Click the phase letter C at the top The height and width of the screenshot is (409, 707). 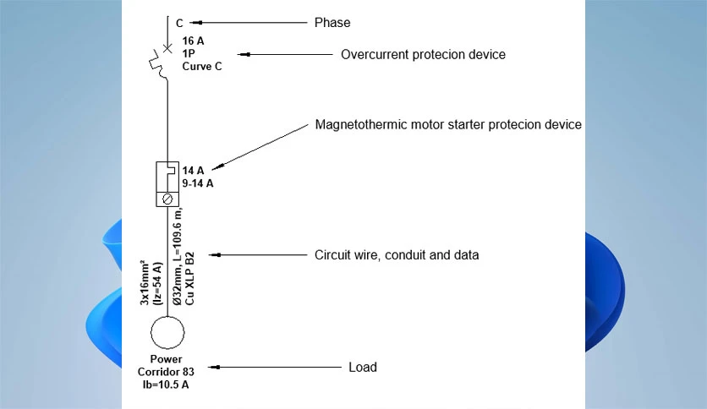pos(179,23)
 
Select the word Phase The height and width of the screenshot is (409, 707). pos(332,23)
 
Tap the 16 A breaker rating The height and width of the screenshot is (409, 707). pos(193,41)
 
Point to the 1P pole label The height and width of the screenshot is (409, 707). pos(189,53)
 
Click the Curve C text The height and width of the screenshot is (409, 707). pos(202,66)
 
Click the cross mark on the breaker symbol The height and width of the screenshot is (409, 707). pos(167,48)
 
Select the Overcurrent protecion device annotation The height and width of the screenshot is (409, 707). pos(423,54)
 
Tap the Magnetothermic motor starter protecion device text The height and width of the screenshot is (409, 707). pos(448,124)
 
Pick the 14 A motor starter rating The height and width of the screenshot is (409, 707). pos(193,171)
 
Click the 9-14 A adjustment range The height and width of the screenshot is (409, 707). pos(198,183)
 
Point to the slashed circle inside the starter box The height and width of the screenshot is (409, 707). pos(167,199)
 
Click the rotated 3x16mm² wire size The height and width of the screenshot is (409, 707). pos(145,282)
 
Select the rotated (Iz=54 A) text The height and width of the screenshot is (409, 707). pos(157,284)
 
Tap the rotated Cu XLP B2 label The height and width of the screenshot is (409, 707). pos(189,278)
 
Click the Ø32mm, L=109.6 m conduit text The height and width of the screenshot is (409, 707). pos(178,256)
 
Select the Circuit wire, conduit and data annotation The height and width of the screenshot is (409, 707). pos(397,255)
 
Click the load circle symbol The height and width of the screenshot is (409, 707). pos(167,316)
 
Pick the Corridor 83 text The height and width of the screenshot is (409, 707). pos(166,372)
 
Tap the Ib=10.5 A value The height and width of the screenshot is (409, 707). pos(166,384)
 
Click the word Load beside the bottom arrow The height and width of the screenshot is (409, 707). pos(363,367)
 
